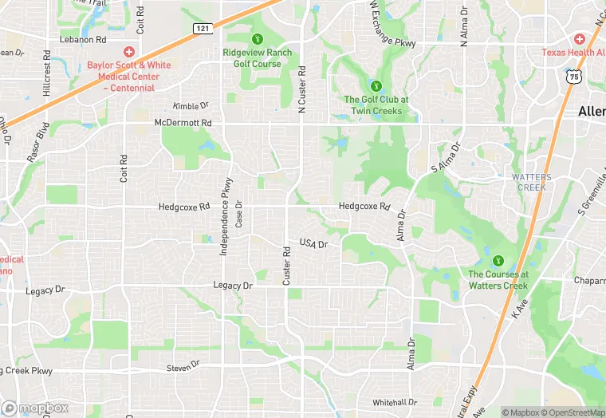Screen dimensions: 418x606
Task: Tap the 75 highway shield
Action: point(575,76)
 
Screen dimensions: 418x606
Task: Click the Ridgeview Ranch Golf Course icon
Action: point(257,38)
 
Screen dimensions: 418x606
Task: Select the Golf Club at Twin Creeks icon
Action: point(376,85)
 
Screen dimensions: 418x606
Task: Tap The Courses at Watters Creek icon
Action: point(498,260)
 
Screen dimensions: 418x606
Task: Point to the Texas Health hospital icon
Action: point(580,38)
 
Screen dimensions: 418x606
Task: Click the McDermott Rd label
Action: point(183,122)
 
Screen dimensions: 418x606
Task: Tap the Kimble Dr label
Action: point(191,105)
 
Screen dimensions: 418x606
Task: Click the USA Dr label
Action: point(313,243)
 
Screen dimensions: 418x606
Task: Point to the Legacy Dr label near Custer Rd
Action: point(233,285)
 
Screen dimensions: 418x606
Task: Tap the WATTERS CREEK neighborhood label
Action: point(529,182)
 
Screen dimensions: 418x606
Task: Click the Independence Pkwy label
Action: point(226,215)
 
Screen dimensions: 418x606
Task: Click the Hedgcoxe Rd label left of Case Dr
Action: point(184,206)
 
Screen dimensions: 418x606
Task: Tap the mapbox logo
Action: point(34,408)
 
